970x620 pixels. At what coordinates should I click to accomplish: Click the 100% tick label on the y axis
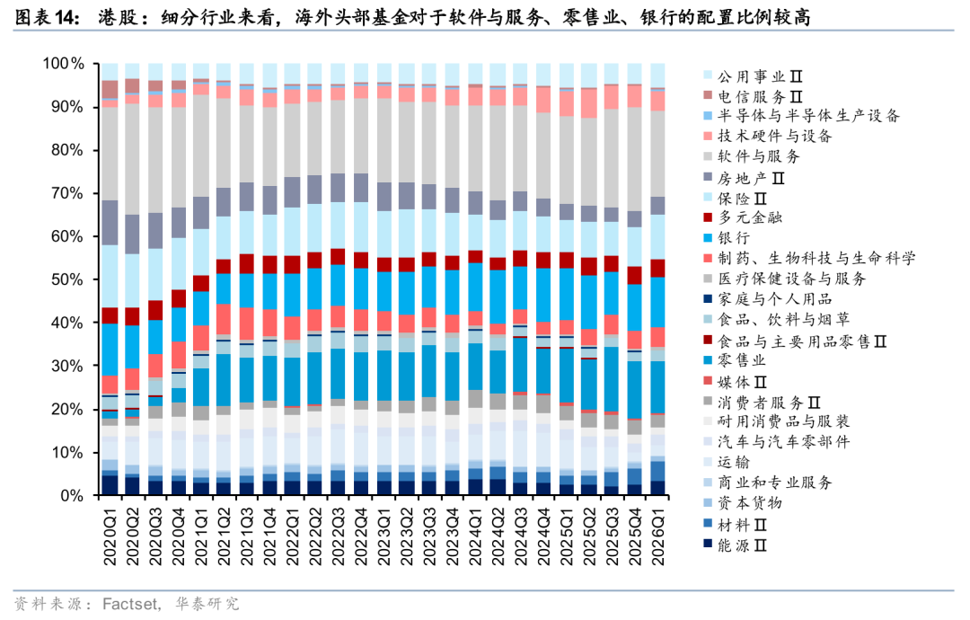pyautogui.click(x=63, y=64)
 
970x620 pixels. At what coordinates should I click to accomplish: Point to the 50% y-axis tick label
pyautogui.click(x=66, y=279)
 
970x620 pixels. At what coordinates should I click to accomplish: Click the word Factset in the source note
pyautogui.click(x=131, y=604)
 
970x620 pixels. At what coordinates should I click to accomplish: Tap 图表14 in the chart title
pyautogui.click(x=46, y=17)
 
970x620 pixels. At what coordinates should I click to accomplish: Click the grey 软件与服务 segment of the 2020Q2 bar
pyautogui.click(x=133, y=159)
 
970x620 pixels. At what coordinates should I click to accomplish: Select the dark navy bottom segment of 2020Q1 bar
pyautogui.click(x=110, y=485)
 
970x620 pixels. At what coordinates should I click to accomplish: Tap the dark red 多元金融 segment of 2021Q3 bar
pyautogui.click(x=247, y=263)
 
